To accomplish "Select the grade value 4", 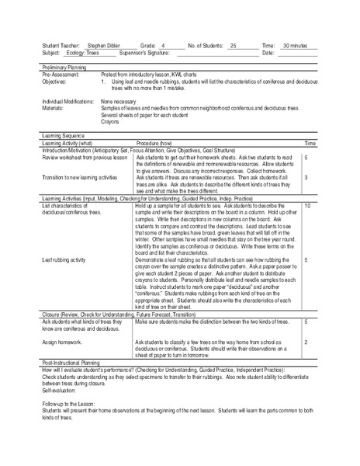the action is [163, 47].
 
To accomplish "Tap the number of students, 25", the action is [233, 47].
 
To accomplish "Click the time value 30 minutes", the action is [294, 47].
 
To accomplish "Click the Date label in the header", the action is [269, 53].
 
